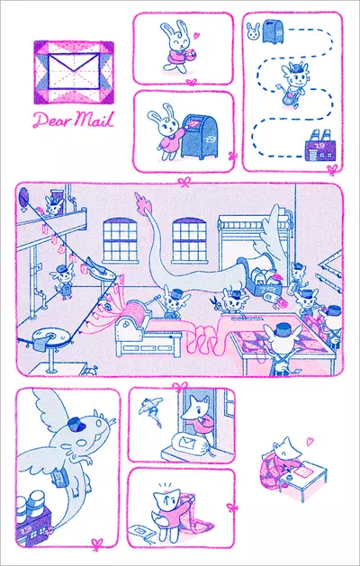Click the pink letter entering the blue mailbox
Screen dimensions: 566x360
click(x=193, y=120)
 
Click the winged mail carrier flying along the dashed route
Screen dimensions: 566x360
click(x=297, y=83)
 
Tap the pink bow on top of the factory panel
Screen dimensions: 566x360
click(x=184, y=184)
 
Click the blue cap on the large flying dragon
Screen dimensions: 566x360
click(x=76, y=421)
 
